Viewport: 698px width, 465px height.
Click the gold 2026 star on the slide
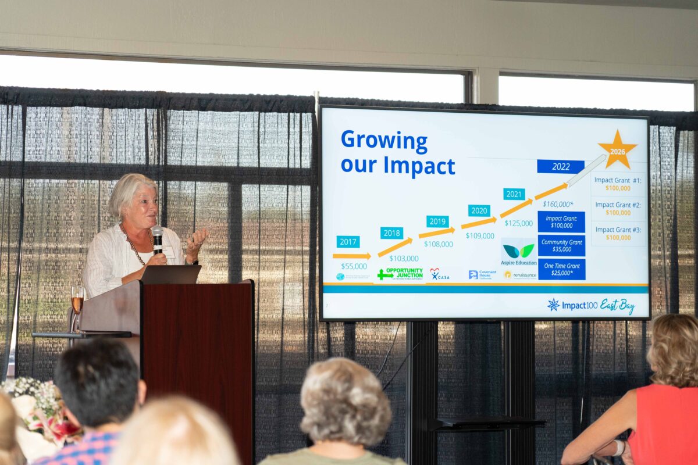pyautogui.click(x=617, y=150)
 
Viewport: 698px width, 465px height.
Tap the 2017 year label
pyautogui.click(x=348, y=242)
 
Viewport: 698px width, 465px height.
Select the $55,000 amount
pyautogui.click(x=354, y=266)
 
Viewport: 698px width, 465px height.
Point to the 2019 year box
pyautogui.click(x=437, y=221)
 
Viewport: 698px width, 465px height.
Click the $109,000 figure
pyautogui.click(x=480, y=236)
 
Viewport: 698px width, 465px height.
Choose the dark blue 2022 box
pyautogui.click(x=561, y=167)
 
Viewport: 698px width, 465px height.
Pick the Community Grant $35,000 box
pyautogui.click(x=561, y=245)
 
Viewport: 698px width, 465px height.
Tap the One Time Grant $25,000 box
pyautogui.click(x=561, y=269)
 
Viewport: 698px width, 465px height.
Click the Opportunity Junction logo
pyautogui.click(x=400, y=274)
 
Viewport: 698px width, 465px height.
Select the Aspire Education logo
pyautogui.click(x=518, y=253)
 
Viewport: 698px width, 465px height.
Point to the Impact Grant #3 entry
pyautogui.click(x=618, y=234)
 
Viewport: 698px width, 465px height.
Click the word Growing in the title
pyautogui.click(x=384, y=141)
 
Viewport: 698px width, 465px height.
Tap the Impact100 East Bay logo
pyautogui.click(x=591, y=305)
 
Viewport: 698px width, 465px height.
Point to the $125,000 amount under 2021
pyautogui.click(x=518, y=223)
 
